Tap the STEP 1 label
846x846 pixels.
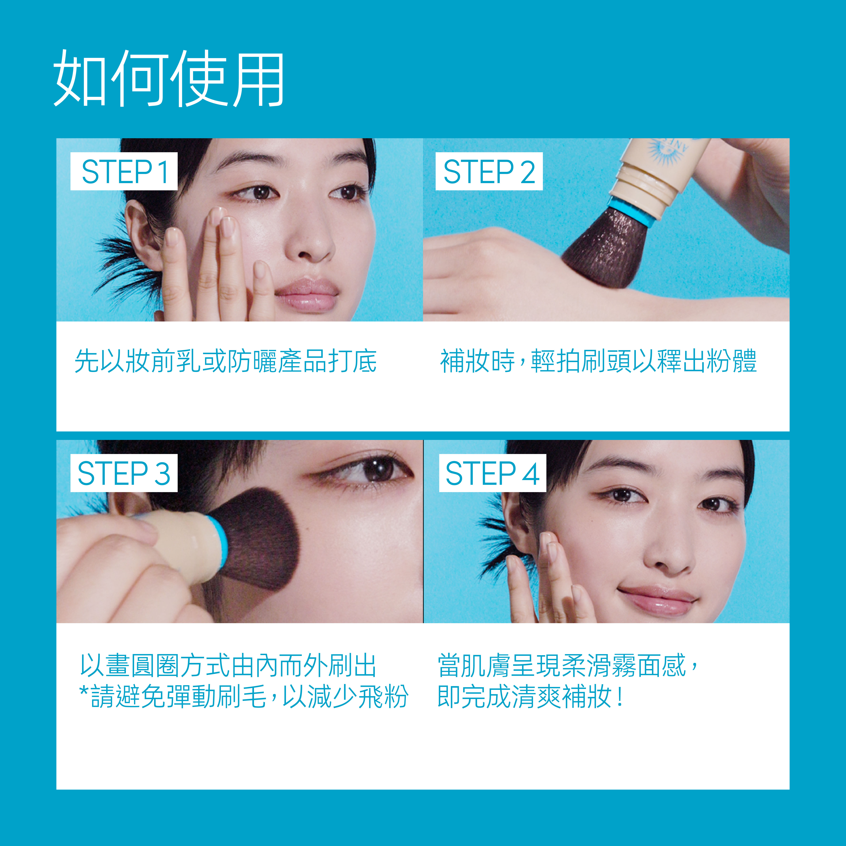(x=124, y=171)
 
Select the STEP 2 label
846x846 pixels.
(x=489, y=171)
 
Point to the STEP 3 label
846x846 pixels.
(x=124, y=473)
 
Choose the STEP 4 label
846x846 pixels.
(x=493, y=473)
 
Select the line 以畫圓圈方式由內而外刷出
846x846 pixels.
(x=228, y=666)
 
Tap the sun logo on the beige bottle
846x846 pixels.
(x=666, y=151)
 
